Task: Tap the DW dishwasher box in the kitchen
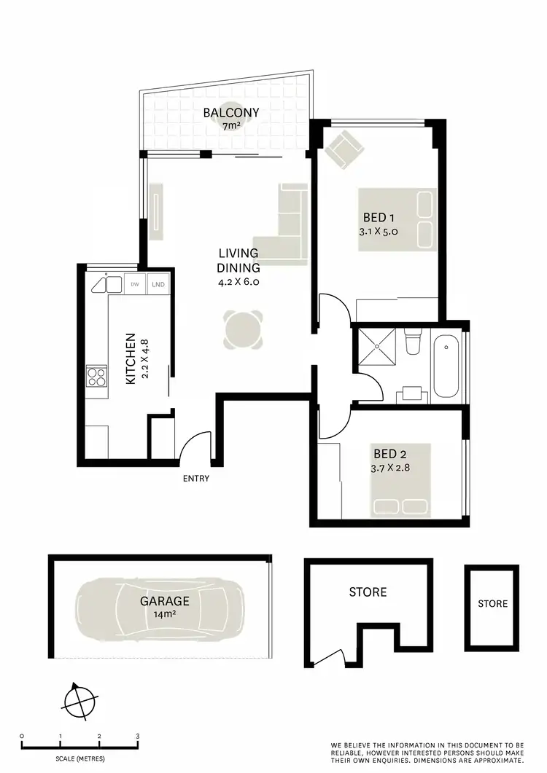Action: (x=134, y=284)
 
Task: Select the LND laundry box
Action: (x=158, y=284)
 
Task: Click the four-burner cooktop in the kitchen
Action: (x=97, y=377)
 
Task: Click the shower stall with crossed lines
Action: (x=375, y=351)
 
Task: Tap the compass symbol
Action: (x=78, y=703)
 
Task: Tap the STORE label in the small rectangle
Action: (x=493, y=603)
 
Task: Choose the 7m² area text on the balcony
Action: (x=230, y=126)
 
